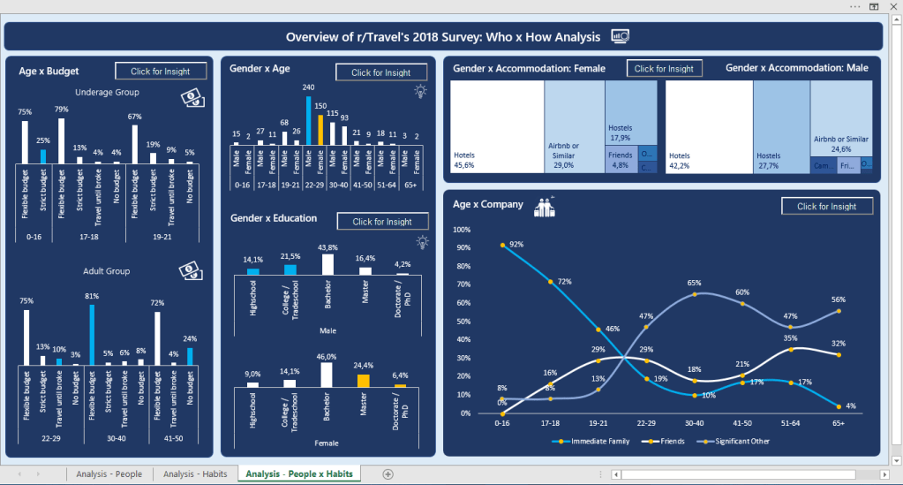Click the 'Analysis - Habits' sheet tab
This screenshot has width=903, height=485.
(195, 474)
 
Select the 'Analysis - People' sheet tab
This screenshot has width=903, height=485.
(109, 474)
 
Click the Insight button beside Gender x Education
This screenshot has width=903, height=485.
(382, 222)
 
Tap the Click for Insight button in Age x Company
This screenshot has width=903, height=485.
(826, 206)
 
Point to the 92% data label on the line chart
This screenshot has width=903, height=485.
(516, 244)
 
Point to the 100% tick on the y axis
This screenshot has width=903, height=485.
(460, 230)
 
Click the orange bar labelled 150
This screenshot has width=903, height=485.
(320, 130)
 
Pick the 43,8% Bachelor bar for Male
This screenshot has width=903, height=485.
(328, 264)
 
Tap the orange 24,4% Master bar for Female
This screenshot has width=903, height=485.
(363, 381)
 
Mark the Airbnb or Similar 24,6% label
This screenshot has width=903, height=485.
(840, 143)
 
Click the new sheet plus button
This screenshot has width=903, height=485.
(388, 474)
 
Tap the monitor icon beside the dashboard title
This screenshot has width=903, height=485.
(621, 36)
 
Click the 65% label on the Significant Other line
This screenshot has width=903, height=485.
(695, 284)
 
